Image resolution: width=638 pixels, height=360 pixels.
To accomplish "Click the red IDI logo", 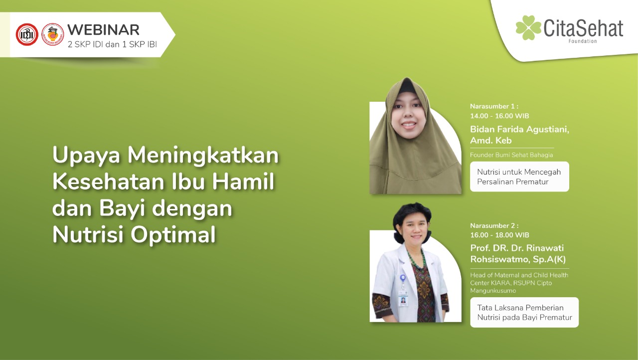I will pos(27,34).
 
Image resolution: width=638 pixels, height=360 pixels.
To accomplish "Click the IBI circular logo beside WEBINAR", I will pos(52,34).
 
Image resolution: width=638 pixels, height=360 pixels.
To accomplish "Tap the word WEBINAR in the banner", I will pos(103,29).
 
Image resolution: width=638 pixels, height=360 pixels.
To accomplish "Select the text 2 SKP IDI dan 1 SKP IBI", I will pos(112,44).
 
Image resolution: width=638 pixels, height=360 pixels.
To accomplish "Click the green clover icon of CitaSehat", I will pos(528,27).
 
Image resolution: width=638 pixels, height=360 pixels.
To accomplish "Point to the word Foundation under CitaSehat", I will pos(582,41).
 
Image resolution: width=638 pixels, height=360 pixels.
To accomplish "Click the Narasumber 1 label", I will pos(494,106).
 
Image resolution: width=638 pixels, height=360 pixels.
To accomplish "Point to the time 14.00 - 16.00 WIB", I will pos(499,116).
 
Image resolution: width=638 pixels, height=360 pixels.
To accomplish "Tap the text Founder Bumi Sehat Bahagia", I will pos(511,155).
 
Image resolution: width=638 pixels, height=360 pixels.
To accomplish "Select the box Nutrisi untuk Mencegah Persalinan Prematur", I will pos(519,177).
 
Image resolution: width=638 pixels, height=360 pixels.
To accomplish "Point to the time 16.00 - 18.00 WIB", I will pos(499,235).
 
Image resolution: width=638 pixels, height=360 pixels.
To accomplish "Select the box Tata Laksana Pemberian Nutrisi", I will pos(524,312).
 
